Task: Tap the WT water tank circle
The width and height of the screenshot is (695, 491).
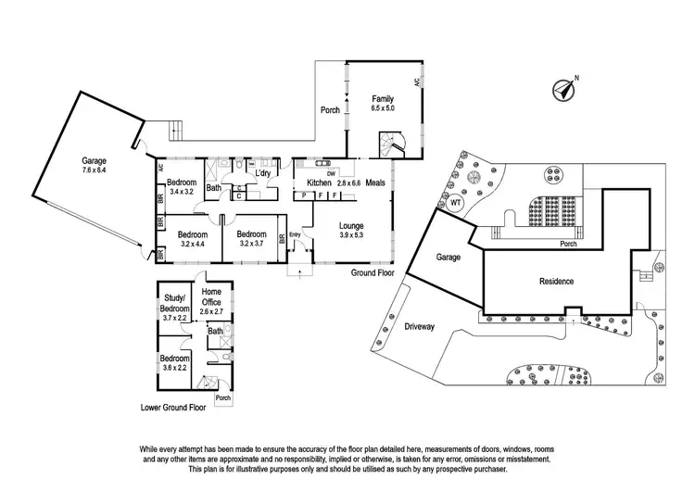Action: [454, 206]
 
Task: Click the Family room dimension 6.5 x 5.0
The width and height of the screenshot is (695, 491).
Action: [382, 108]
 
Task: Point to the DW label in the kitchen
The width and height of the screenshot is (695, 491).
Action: [331, 172]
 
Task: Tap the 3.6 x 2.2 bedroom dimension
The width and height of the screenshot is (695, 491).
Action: [174, 368]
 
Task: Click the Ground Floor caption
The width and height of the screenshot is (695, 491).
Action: [373, 273]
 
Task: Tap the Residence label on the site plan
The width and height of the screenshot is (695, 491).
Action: [556, 281]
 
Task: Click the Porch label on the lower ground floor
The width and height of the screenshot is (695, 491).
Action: [222, 398]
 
